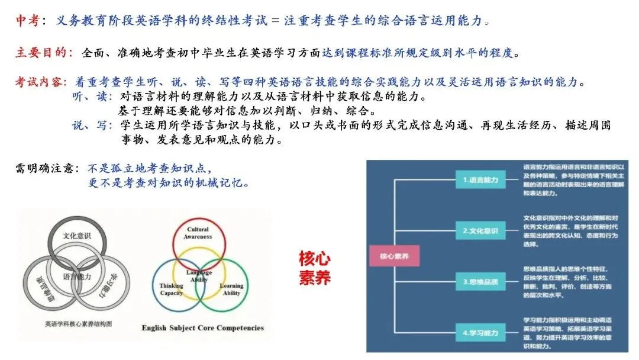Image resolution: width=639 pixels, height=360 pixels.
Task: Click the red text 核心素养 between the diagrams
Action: (314, 268)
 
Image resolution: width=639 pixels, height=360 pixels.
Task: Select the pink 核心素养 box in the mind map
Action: (393, 257)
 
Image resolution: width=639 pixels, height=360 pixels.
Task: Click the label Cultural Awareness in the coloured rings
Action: (198, 233)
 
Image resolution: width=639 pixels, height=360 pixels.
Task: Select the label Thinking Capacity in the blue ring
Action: (171, 290)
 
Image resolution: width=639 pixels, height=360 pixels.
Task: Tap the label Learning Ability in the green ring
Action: (231, 290)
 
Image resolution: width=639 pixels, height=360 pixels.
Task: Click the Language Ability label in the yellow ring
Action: (199, 276)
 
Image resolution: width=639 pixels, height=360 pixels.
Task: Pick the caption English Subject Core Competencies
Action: (203, 327)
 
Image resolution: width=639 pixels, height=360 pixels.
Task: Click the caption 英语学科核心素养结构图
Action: (79, 324)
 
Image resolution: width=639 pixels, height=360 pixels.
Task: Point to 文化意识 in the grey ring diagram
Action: (77, 235)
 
